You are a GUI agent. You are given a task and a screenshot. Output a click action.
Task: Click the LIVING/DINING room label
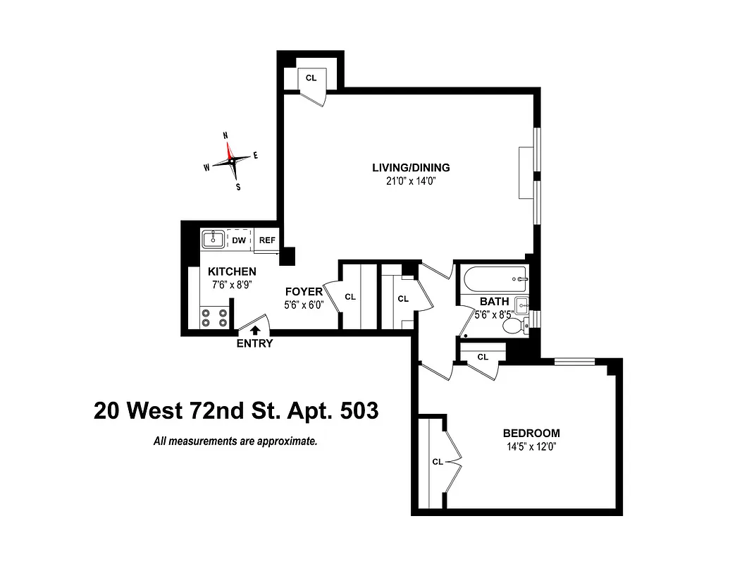point(411,168)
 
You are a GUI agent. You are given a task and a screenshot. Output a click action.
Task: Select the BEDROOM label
point(531,433)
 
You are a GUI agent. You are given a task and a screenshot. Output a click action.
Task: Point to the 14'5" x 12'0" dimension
point(531,446)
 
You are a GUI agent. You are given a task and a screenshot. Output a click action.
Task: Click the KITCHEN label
point(232,271)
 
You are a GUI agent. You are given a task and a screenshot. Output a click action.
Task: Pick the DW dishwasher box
point(239,240)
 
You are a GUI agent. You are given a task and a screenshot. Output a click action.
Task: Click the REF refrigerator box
point(267,240)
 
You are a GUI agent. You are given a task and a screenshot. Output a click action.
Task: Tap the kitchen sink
point(213,240)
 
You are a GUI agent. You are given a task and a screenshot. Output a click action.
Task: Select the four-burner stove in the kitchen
point(214,317)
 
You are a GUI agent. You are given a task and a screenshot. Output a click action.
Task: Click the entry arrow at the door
point(254,328)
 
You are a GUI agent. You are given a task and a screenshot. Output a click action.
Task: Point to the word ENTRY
point(254,344)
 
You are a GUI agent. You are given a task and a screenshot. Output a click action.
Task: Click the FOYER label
point(304,292)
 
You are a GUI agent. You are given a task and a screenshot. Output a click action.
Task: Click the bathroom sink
point(521,305)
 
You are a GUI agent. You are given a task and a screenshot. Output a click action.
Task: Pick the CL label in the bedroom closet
point(437,462)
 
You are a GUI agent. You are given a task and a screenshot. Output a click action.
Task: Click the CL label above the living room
point(311,78)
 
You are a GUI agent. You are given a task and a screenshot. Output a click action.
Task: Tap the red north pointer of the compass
point(228,149)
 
